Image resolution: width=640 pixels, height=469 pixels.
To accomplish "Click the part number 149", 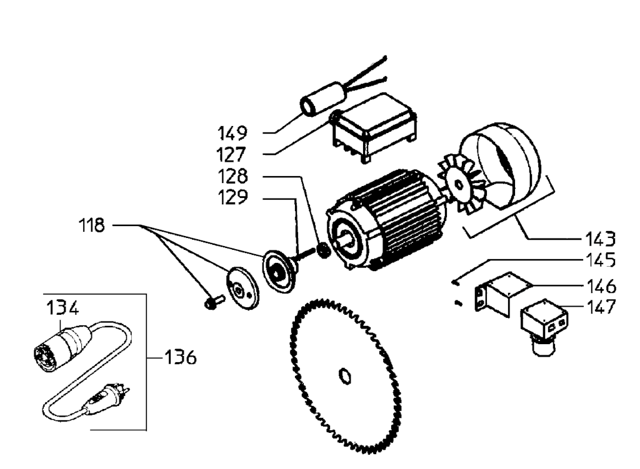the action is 232,134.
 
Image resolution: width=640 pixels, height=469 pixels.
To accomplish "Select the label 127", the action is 231,155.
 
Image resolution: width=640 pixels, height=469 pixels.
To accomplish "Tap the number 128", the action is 232,177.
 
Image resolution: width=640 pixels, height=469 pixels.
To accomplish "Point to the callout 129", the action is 232,197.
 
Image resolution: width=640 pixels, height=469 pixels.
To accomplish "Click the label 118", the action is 91,225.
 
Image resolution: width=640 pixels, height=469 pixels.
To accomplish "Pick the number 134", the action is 62,307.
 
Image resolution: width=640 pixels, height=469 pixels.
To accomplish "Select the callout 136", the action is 180,357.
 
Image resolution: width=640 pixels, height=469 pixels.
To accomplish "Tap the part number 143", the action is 600,239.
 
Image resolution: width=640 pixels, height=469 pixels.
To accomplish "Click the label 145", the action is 600,260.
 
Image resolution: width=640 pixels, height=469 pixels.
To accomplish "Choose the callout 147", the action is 600,307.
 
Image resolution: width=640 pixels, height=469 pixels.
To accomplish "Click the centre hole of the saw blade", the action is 345,375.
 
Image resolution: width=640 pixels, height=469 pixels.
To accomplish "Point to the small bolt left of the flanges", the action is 214,302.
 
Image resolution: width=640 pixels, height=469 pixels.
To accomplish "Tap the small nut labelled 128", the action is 324,250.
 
